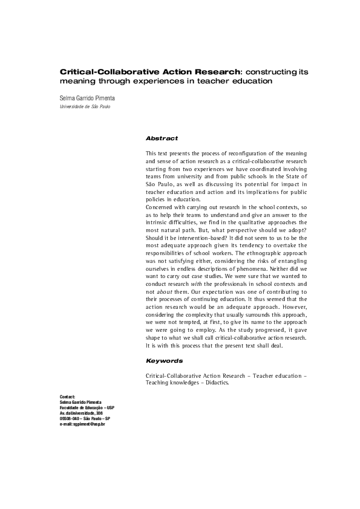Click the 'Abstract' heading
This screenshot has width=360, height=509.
[162, 138]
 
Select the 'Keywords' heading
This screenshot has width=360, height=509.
[164, 360]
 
